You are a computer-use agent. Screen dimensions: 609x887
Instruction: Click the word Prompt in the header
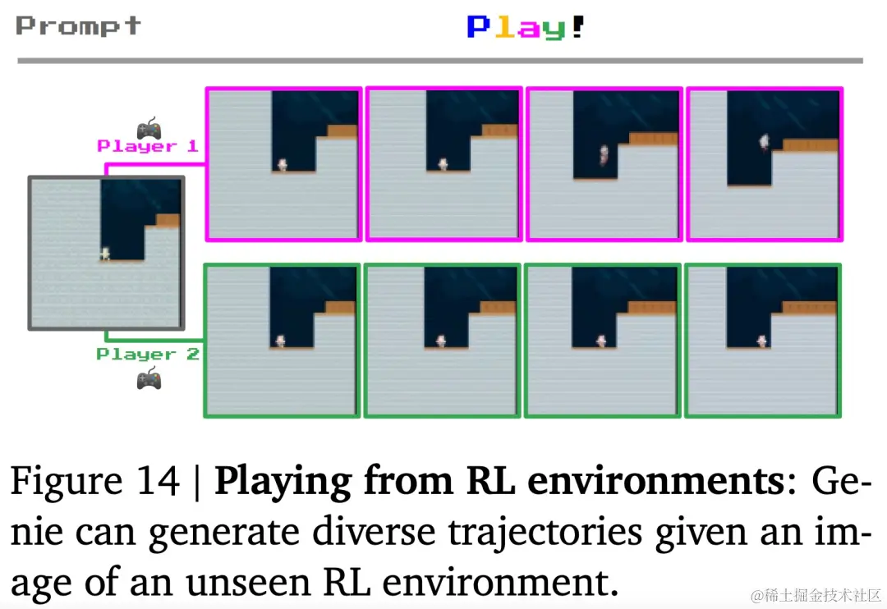78,26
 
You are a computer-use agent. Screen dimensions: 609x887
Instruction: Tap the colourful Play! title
526,27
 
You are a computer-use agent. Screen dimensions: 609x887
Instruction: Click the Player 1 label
148,146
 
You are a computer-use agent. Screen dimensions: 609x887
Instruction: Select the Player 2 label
148,355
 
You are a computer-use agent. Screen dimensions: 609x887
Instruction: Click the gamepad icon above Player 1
149,128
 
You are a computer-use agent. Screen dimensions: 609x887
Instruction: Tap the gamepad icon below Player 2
149,379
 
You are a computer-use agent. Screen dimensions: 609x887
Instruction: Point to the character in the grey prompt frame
104,254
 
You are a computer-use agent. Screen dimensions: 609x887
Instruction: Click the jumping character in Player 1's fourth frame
763,143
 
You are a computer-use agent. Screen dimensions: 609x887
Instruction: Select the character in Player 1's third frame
604,154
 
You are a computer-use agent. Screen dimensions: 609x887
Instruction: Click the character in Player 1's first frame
283,165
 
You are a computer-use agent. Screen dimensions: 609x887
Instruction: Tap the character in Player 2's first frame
280,341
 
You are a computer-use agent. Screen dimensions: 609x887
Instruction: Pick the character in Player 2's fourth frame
761,341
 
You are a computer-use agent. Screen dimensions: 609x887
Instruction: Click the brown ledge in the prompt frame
168,220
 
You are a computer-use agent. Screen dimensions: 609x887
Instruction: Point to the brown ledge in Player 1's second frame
499,130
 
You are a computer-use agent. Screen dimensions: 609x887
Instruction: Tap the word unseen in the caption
252,584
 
